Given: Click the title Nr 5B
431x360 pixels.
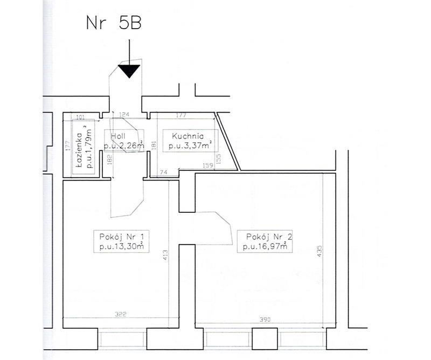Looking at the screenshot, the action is pos(114,23).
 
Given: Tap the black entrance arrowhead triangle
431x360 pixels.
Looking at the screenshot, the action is pos(129,71).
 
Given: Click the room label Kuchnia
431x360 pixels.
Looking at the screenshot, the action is pos(187,136).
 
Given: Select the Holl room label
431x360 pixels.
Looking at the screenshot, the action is pos(118,136).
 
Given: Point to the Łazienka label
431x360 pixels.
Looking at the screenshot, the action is pos(79,150).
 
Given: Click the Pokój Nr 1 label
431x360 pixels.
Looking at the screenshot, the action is pos(121,237).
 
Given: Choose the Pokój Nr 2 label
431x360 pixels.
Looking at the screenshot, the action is pos(269,237).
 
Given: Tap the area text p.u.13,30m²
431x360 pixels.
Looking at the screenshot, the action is pos(122,246).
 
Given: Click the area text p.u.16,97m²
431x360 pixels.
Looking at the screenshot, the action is pos(265,246).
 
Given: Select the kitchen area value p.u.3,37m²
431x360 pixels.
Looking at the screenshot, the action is pos(190,146).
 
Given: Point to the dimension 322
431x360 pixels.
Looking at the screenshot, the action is pos(120,314).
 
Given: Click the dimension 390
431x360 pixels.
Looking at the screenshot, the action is pos(265,320).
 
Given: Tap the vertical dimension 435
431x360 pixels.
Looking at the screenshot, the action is pos(319,251).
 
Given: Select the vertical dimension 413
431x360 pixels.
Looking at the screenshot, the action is pos(165,255).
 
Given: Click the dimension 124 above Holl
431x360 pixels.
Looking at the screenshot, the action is pos(124,114).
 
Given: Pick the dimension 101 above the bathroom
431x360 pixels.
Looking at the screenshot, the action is pos(80,117).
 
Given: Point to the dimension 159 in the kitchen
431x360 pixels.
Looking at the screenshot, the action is pos(207,165).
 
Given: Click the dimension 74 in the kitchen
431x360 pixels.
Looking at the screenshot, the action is pos(164,172).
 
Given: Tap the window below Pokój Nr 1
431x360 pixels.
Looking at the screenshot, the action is pos(122,340).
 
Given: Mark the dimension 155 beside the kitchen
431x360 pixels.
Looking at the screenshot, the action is pos(219,159).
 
